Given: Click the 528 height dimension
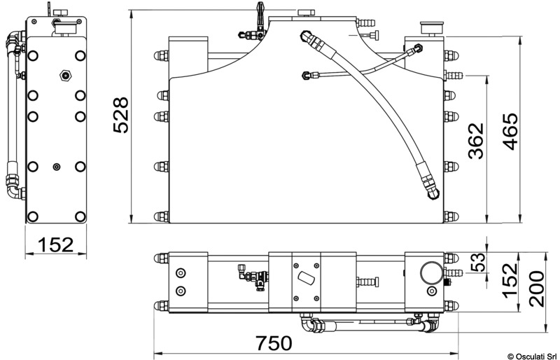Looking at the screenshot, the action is [120, 115].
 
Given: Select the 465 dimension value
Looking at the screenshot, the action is [510, 132].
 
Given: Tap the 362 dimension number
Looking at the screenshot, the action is [476, 141].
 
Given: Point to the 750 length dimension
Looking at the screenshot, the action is [274, 343].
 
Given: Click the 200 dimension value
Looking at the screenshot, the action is [537, 289].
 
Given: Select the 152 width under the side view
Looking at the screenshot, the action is [56, 244].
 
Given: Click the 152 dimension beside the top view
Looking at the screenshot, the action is [510, 279].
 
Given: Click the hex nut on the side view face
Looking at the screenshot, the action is [65, 76].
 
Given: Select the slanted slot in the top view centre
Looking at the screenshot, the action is [306, 278].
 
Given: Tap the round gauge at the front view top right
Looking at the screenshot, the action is [433, 29].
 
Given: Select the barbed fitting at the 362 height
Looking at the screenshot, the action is [453, 76].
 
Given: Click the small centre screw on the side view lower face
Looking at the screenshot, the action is [57, 167].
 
